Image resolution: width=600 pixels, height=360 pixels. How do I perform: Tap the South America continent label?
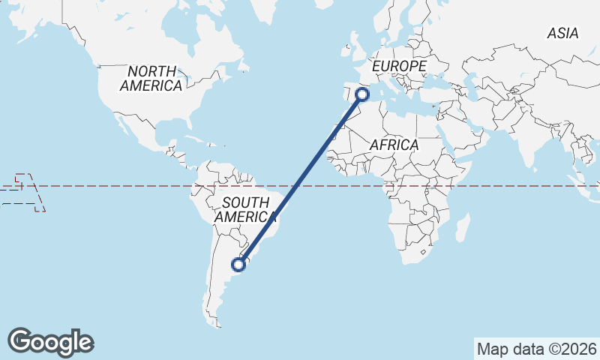coord(245,209)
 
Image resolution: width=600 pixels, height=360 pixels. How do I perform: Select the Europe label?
coord(399,67)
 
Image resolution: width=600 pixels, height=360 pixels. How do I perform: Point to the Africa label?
coord(393,145)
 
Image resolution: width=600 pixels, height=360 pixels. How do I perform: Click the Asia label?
coord(562,33)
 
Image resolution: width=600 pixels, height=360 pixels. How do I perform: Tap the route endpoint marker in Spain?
coord(362,94)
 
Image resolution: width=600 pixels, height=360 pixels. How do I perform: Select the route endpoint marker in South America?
coord(238,264)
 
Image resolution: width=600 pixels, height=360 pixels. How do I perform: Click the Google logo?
coord(50,342)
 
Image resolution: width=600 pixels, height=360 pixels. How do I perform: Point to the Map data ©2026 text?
coord(536,349)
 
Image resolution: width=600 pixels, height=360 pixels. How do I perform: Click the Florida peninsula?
coord(182,130)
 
